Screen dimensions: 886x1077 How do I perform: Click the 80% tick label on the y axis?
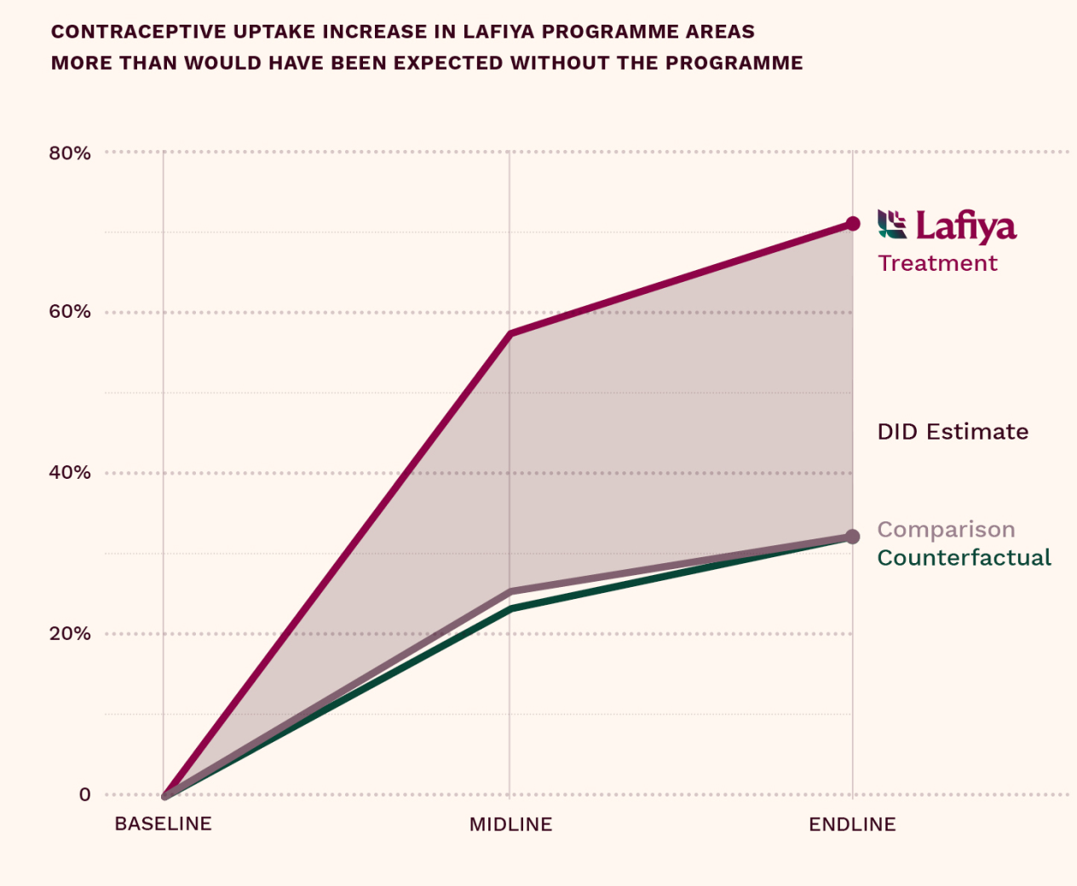click(x=70, y=153)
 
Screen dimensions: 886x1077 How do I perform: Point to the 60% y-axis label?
click(x=70, y=312)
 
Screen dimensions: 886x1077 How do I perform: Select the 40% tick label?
click(x=70, y=473)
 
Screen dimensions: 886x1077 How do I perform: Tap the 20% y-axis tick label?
click(x=70, y=634)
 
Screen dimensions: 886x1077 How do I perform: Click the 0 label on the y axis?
click(x=84, y=795)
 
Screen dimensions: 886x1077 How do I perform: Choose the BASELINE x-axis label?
click(x=163, y=824)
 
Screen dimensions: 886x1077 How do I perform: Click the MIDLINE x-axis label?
click(x=510, y=825)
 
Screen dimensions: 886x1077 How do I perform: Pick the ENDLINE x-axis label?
click(x=852, y=825)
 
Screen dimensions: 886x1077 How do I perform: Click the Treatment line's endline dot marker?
click(x=852, y=224)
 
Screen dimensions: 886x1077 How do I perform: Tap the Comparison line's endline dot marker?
click(x=852, y=537)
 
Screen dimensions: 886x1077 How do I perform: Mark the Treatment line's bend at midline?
click(x=510, y=333)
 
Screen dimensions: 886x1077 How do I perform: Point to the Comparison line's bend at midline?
click(x=510, y=591)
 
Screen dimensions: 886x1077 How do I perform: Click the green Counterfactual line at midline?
click(x=510, y=609)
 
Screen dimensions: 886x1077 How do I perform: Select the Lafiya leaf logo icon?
click(x=892, y=224)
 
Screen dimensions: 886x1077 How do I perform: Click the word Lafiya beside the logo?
click(x=966, y=227)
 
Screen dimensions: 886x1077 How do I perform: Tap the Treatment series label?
click(x=937, y=263)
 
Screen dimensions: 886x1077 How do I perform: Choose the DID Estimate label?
click(x=953, y=432)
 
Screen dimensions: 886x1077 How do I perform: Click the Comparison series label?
click(x=946, y=530)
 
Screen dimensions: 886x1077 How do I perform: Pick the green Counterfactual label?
click(x=964, y=558)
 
